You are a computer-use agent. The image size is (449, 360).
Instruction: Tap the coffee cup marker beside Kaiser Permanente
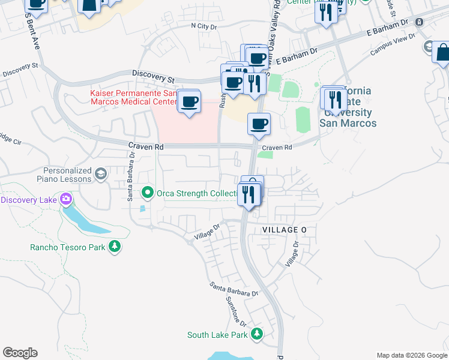190,102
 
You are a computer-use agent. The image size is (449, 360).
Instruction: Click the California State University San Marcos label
348,107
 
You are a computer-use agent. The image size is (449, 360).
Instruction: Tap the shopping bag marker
442,52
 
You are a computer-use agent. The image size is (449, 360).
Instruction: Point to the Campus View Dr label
393,45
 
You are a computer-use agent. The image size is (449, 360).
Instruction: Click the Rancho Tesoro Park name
67,247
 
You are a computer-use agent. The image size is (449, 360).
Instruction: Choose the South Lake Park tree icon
257,334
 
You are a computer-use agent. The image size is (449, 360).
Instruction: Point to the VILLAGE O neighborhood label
285,230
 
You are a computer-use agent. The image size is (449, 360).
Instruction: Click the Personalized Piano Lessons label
67,175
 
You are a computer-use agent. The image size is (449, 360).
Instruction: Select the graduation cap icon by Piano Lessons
101,175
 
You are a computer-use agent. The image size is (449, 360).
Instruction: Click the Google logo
20,353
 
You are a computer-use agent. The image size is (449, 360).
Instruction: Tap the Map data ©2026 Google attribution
411,355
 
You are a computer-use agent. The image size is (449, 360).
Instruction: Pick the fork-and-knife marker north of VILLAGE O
248,194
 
